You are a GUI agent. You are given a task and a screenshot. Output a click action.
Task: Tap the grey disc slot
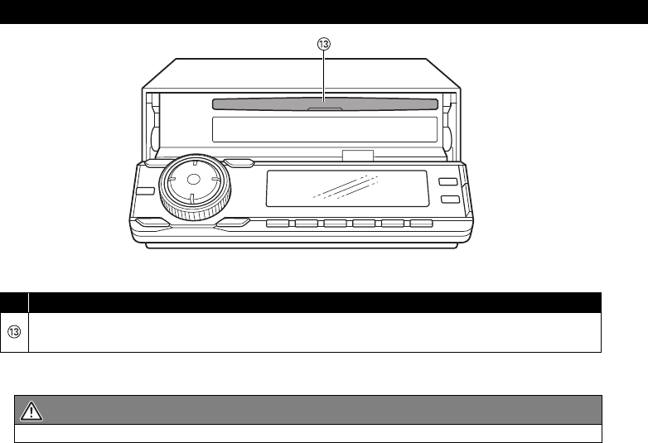point(324,104)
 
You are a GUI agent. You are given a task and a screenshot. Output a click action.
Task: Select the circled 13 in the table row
point(14,332)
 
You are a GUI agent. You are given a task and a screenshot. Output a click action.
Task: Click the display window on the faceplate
point(346,190)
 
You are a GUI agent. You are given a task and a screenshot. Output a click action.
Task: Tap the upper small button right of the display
point(448,182)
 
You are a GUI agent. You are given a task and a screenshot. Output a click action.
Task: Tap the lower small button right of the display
point(448,200)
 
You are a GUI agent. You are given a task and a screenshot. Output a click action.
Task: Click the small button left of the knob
point(146,191)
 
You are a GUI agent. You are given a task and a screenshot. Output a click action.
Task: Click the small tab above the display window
point(357,155)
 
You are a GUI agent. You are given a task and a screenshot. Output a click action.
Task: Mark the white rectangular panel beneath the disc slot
point(324,129)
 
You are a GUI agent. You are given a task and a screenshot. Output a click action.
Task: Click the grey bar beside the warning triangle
point(323,410)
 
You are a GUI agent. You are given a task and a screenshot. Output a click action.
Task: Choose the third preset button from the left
point(335,224)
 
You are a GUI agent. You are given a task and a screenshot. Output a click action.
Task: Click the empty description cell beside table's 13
point(315,332)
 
